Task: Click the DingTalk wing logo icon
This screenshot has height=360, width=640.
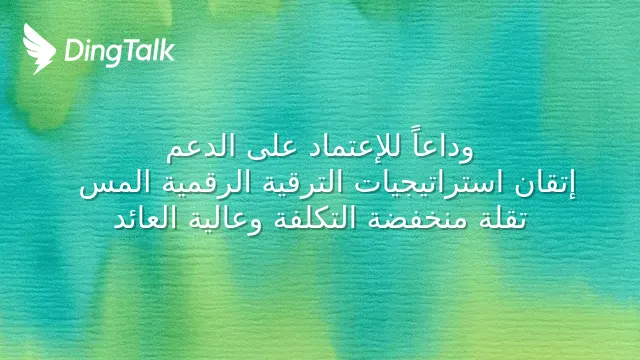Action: pos(39,48)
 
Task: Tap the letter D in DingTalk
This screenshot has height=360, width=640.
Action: pos(74,51)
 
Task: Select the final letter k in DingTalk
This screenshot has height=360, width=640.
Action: pos(167,50)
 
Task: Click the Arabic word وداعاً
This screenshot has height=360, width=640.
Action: pos(443,147)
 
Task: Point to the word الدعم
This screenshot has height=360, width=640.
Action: pos(201,148)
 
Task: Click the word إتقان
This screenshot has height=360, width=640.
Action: pos(544,184)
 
